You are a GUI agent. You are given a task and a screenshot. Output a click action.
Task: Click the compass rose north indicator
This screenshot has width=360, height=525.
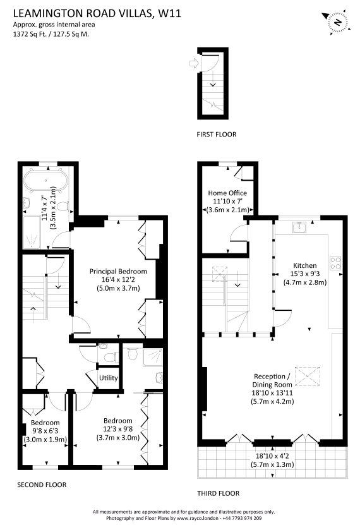337,23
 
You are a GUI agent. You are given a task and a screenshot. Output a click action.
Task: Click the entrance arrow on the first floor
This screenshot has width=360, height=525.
194,63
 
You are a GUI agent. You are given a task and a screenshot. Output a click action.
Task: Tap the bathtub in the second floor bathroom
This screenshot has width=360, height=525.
46,180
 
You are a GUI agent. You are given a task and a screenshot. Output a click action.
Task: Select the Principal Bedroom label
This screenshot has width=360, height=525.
118,272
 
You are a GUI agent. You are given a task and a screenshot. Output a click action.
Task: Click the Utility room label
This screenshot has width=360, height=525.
109,378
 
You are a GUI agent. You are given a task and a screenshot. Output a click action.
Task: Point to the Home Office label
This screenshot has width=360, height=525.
227,193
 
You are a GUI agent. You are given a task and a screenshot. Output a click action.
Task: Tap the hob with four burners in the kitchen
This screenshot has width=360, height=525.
335,263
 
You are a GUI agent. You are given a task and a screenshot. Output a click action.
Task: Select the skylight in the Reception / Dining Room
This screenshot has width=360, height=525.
308,377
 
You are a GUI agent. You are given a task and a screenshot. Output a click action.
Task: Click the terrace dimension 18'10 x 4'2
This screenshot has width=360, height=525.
272,456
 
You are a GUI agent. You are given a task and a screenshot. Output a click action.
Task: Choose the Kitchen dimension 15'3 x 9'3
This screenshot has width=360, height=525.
305,274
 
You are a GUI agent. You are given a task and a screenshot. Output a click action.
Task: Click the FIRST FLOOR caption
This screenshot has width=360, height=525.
217,135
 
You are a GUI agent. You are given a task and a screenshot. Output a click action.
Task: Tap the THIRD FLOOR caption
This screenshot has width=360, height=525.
218,493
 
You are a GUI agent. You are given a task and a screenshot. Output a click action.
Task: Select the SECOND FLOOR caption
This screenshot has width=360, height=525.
42,485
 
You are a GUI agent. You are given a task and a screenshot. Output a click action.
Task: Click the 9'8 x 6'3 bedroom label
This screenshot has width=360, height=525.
45,431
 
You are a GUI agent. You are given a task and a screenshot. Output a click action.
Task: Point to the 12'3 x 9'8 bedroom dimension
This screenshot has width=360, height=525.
118,429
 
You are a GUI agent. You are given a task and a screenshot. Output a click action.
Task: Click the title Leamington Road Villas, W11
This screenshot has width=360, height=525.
97,13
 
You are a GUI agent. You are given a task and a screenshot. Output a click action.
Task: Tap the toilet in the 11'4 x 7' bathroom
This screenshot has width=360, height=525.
63,206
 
